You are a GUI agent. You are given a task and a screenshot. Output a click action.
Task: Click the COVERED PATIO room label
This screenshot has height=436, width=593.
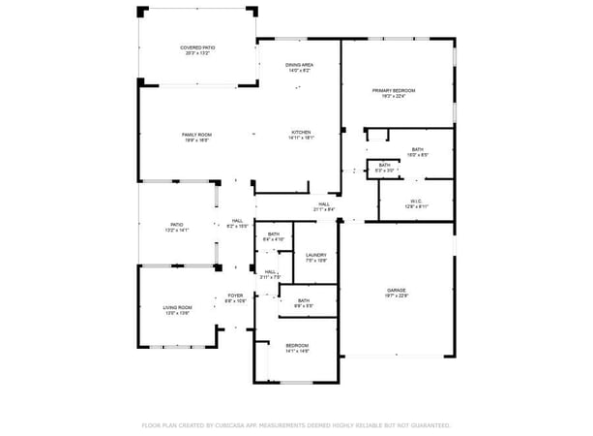(197, 47)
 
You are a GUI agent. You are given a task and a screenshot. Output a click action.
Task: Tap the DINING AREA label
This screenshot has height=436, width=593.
(300, 64)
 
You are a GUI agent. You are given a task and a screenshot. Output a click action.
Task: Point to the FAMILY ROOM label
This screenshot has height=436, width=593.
(196, 135)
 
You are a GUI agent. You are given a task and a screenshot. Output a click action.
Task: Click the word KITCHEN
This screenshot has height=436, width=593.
(302, 132)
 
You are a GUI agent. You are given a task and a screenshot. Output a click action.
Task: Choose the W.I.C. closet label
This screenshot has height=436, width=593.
(417, 201)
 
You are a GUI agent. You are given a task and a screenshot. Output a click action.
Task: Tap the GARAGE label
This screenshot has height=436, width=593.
(396, 290)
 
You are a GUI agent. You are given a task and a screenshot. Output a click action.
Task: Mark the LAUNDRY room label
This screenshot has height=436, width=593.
(316, 255)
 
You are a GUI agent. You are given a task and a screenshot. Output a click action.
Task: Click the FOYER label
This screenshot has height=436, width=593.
(235, 296)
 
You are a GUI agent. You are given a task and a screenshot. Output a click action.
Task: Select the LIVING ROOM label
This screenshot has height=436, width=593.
(177, 307)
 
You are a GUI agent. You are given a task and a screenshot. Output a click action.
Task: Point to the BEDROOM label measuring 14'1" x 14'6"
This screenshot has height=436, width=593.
(297, 346)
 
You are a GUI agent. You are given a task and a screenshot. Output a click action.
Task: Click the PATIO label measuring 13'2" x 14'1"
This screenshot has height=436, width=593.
(177, 225)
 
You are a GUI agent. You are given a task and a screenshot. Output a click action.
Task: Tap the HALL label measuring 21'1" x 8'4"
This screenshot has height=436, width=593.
(324, 203)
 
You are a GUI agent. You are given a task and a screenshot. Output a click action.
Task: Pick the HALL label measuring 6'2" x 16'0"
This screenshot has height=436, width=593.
(237, 220)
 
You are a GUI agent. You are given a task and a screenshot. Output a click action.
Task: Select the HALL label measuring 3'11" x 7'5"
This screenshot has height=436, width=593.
(272, 271)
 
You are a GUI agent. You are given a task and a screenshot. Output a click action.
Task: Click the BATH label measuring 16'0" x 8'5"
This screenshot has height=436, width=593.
(418, 149)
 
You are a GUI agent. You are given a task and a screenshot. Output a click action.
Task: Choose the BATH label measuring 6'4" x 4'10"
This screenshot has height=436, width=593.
(274, 234)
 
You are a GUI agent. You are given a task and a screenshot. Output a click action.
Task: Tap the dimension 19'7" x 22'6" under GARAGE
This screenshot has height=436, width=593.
(396, 296)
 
